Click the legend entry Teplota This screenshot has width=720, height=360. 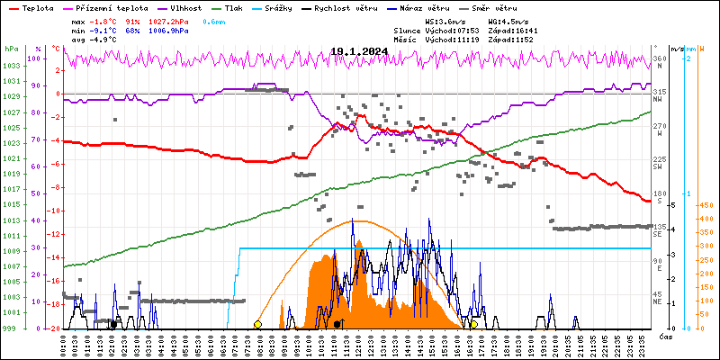37,7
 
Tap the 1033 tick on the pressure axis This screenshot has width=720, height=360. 11,66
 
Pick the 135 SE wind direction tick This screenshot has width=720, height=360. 660,229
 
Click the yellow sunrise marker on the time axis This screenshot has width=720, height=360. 257,324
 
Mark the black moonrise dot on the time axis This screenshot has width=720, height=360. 337,324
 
